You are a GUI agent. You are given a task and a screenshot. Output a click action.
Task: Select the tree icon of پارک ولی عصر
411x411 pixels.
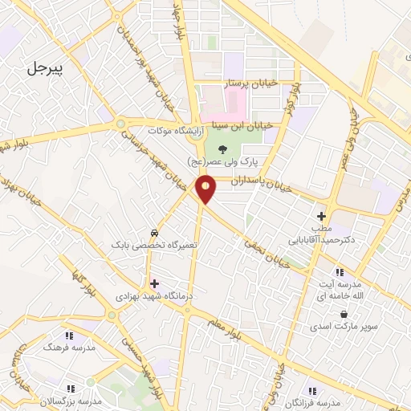pyautogui.click(x=234, y=147)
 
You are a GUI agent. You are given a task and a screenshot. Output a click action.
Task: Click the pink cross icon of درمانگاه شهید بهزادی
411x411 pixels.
pyautogui.click(x=153, y=283)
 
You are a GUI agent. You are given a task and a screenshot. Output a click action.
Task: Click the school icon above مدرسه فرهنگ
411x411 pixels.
pyautogui.click(x=69, y=336)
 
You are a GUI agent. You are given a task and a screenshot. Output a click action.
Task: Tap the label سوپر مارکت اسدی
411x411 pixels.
pyautogui.click(x=344, y=328)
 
